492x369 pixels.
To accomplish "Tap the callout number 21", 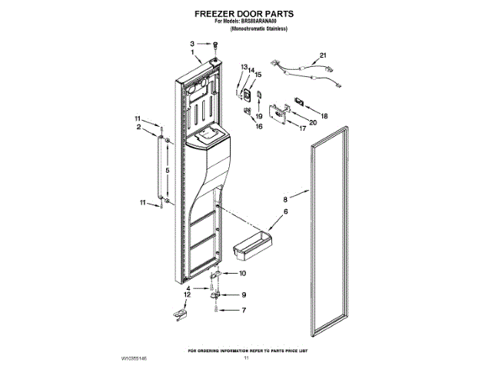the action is point(323,55).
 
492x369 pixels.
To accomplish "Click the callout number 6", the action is point(285,211).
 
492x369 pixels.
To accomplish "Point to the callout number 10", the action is point(243,274).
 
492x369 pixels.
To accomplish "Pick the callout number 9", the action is point(243,294).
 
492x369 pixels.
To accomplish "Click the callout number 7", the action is point(243,311).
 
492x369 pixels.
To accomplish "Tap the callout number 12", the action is point(187,294).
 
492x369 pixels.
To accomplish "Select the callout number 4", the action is point(187,288).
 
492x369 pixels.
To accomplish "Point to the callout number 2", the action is point(139,128).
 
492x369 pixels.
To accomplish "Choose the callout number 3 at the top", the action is point(192,45).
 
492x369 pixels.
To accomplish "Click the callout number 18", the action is point(324,115).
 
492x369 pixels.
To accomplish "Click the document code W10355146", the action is point(133,359).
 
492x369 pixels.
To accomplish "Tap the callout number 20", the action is point(313,122).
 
